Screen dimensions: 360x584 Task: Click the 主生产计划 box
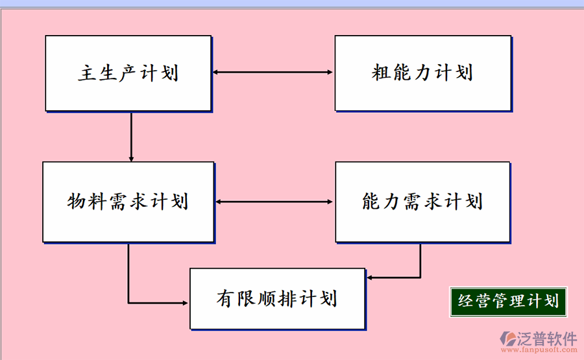coord(128,73)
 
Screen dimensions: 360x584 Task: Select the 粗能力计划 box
coord(422,73)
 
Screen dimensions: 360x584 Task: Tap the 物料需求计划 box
coord(128,202)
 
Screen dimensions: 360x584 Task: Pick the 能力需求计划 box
coord(422,202)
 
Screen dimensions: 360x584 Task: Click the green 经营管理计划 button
coord(508,302)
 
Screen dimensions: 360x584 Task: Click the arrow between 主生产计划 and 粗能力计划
coord(273,73)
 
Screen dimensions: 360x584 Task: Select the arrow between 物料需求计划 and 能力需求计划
coord(274,202)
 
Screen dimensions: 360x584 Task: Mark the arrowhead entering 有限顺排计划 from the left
coord(185,302)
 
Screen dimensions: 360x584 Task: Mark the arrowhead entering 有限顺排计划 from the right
coord(370,278)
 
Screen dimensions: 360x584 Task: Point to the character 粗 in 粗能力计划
coord(381,73)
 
